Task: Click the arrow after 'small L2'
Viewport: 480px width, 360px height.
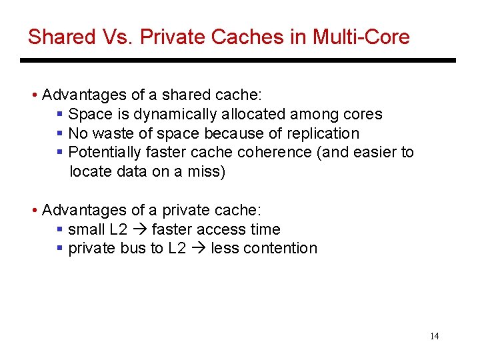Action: [141, 230]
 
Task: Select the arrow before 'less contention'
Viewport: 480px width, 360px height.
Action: [199, 249]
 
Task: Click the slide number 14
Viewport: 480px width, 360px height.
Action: [434, 336]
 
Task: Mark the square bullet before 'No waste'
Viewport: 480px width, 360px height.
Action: [60, 133]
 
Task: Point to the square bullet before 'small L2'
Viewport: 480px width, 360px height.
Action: [60, 229]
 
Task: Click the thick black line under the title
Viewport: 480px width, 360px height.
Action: [237, 61]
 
